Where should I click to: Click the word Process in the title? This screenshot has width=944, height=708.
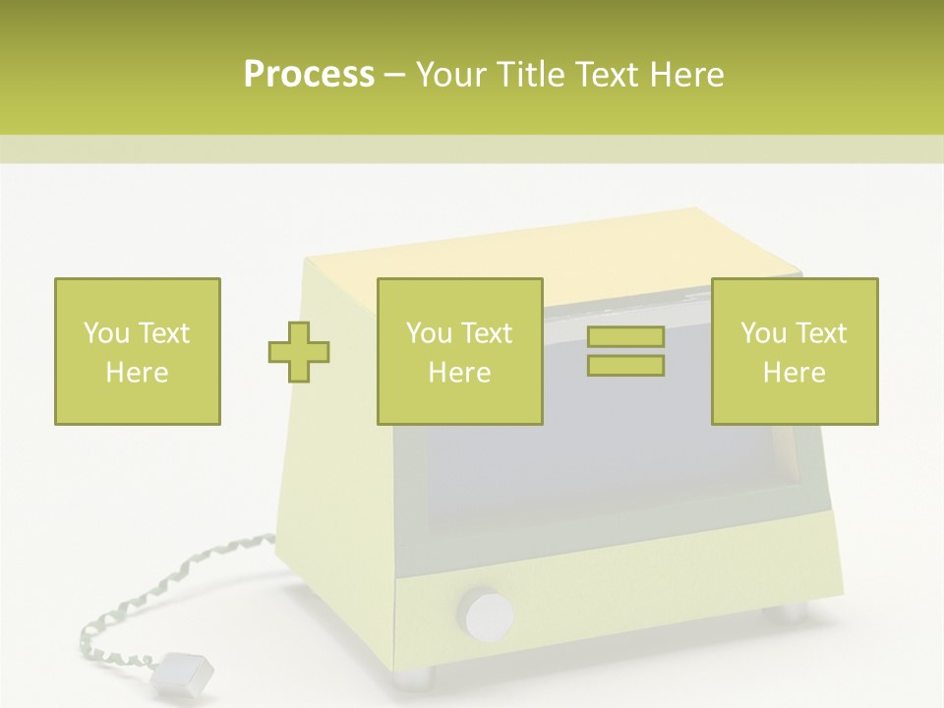[309, 75]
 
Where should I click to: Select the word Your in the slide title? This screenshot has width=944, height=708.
[452, 75]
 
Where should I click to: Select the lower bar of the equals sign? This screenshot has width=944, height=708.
[625, 366]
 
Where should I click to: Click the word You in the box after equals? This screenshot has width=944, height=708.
[763, 333]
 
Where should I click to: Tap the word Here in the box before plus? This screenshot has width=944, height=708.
[137, 373]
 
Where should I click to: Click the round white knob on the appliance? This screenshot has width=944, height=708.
[489, 615]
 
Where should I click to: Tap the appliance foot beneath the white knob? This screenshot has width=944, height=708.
[415, 677]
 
